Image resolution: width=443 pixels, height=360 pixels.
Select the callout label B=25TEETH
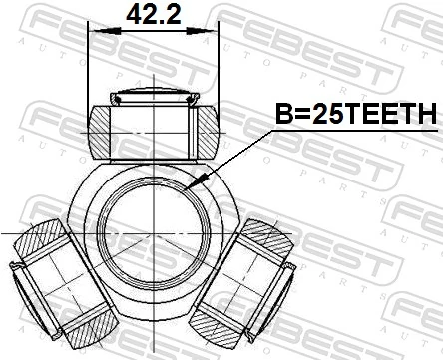(355, 115)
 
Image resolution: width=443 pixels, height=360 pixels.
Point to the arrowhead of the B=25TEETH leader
(204, 180)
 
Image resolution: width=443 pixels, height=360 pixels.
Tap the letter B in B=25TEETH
(283, 115)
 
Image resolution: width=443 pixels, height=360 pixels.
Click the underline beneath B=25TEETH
(355, 130)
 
